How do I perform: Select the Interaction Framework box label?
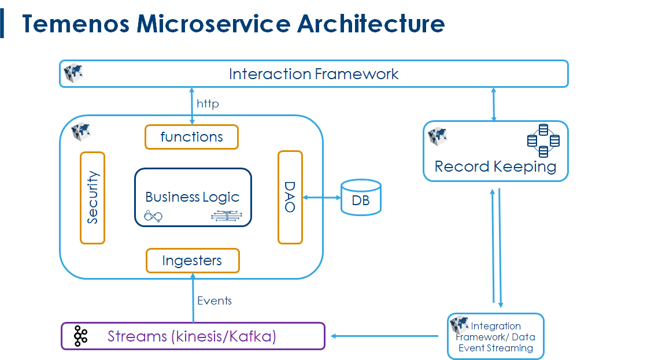[313, 74]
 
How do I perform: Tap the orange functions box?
[191, 137]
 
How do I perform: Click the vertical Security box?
[93, 198]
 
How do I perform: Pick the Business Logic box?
[193, 197]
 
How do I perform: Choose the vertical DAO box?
[290, 198]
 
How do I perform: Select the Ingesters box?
[193, 261]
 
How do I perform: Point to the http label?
[208, 104]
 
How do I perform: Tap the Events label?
[214, 300]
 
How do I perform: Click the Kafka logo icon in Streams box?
[80, 336]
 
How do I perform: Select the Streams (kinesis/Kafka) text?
[191, 336]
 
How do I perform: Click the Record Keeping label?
[495, 167]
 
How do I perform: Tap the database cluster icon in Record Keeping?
[543, 141]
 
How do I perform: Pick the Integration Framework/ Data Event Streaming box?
[495, 336]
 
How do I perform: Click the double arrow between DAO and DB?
[321, 198]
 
